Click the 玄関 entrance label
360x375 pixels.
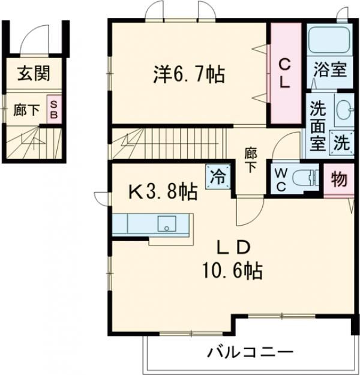pos(33,74)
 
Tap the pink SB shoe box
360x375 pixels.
pos(53,110)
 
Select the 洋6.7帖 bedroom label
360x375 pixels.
pos(187,75)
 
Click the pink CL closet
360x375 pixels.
pos(284,72)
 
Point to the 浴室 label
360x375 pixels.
pos(329,70)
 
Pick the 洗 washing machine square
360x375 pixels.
pos(341,143)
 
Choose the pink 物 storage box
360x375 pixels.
pos(338,179)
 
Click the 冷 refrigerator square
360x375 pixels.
pos(217,176)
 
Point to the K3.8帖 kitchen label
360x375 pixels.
pos(163,193)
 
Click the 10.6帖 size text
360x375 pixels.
pos(233,272)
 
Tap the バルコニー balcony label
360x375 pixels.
pos(250,353)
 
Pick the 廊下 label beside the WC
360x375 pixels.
pos(250,159)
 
